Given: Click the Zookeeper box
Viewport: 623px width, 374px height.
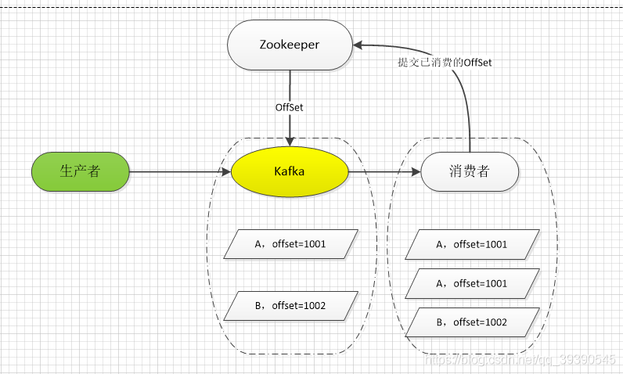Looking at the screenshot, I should click(x=290, y=45).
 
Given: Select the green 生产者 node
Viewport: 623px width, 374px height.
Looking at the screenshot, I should click(x=80, y=171).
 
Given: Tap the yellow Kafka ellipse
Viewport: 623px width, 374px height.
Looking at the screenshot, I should click(x=290, y=171).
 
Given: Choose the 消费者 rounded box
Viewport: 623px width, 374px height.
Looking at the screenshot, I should click(x=470, y=171).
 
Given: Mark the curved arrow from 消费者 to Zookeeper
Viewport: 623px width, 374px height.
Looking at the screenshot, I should click(x=462, y=86).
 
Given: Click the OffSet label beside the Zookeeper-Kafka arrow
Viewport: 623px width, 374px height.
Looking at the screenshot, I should click(x=290, y=107).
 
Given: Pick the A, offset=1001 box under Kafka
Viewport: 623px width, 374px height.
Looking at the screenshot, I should click(x=290, y=244).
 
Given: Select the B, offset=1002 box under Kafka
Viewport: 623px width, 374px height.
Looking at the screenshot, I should click(x=290, y=306).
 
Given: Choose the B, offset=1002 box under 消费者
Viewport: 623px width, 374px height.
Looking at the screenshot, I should click(x=472, y=322).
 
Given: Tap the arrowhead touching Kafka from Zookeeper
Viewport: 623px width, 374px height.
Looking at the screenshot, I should click(x=290, y=142).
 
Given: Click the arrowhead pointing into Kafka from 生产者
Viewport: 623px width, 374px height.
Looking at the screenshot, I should click(x=226, y=171).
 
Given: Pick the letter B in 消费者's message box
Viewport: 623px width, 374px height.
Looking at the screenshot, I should click(x=441, y=322).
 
